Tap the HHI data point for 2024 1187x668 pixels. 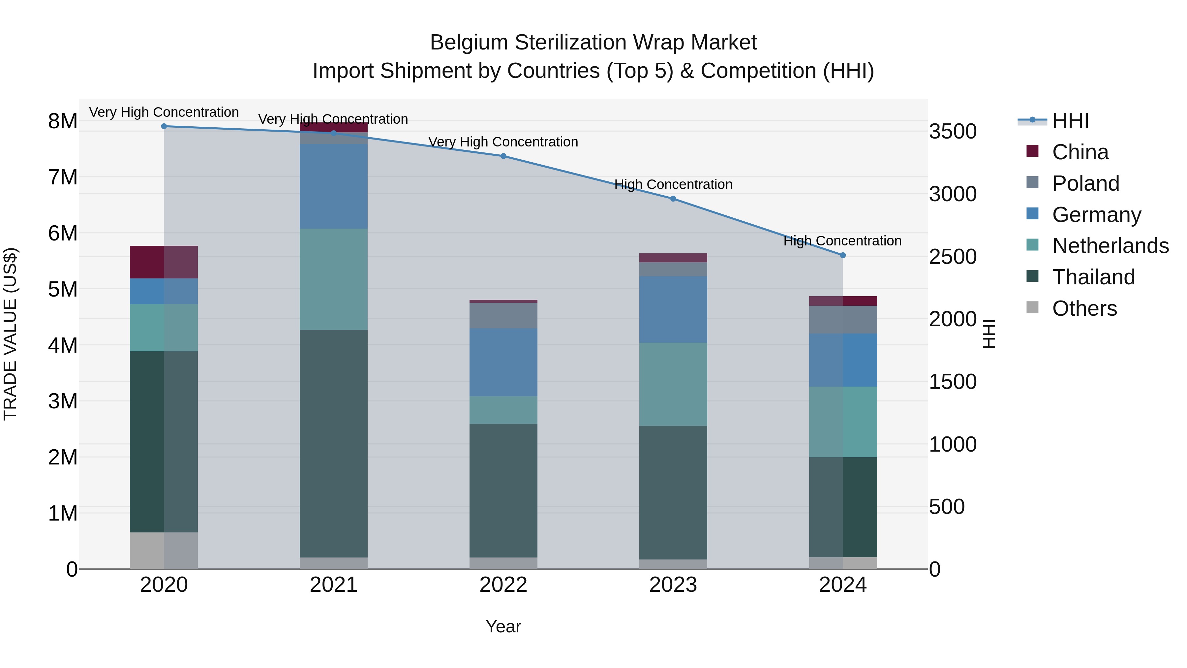click(843, 255)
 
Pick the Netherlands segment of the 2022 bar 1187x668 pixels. click(503, 410)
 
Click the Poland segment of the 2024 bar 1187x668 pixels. click(843, 319)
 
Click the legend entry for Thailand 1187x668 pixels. click(1093, 277)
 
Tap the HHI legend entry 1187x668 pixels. click(1070, 121)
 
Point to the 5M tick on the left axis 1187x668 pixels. click(63, 290)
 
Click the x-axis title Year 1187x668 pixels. click(503, 626)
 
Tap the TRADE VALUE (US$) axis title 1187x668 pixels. click(10, 334)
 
